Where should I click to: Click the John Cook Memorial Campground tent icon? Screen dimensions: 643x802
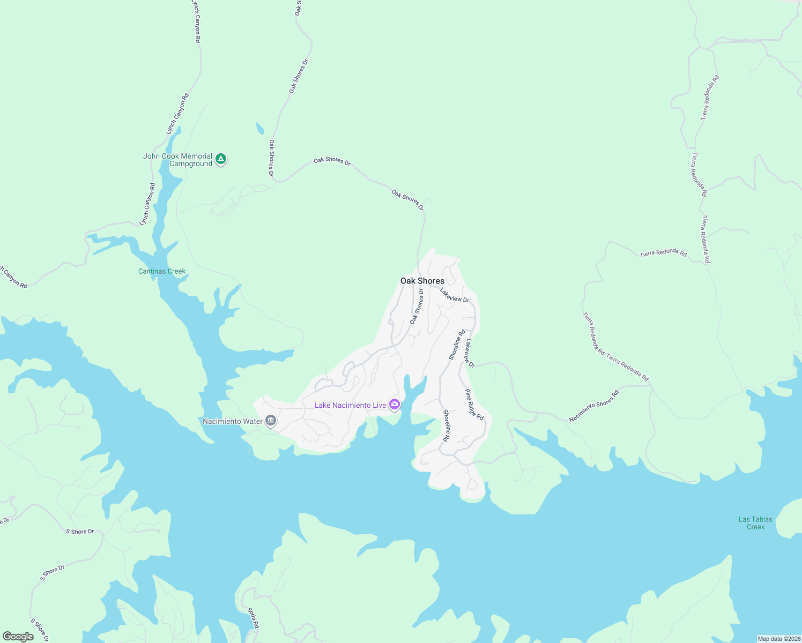point(220,159)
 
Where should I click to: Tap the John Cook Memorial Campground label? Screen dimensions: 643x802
point(177,160)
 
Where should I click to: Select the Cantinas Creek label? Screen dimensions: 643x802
point(162,271)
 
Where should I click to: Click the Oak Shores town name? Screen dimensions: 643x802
point(422,281)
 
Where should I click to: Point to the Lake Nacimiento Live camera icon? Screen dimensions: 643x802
point(395,405)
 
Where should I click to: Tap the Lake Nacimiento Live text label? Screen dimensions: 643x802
point(350,405)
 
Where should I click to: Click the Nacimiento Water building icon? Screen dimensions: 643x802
point(271,421)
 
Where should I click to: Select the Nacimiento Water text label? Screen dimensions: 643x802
point(233,421)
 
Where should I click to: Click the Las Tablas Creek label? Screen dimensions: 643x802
point(755,523)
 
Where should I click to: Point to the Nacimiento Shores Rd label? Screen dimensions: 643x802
point(593,406)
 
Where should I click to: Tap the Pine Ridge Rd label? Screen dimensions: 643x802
point(474,405)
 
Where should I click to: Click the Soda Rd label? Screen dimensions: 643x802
point(254,618)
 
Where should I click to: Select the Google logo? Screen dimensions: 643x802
point(18,637)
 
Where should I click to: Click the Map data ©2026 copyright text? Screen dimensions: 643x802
point(778,639)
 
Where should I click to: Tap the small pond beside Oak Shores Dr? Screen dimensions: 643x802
point(260,129)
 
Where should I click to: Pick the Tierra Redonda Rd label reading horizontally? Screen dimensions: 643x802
point(663,253)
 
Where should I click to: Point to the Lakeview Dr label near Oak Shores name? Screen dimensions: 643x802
point(455,295)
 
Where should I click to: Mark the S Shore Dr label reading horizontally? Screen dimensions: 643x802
point(80,532)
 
